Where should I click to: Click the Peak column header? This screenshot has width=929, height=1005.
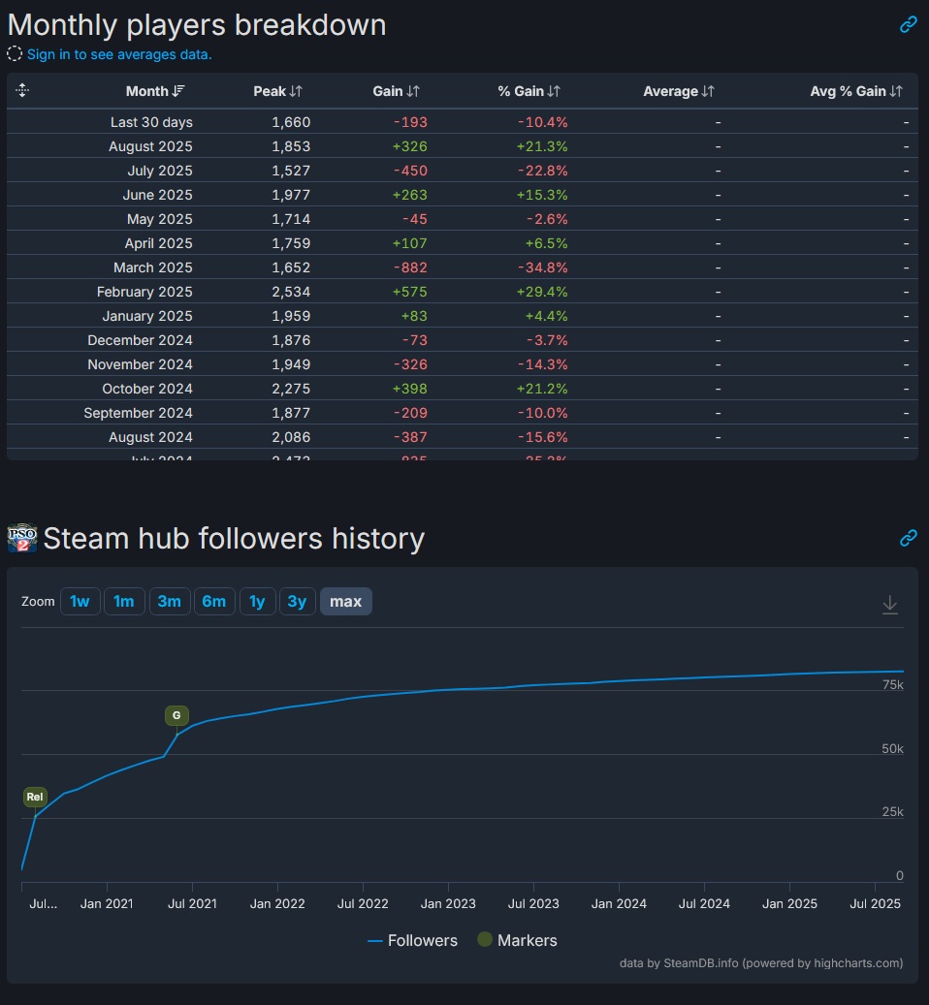pos(277,91)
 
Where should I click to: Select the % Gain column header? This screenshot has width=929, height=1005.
pos(529,91)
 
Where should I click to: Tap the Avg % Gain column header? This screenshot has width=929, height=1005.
pos(855,91)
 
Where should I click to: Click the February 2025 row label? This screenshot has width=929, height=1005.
pos(144,292)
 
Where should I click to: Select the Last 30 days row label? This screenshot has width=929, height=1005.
pos(151,122)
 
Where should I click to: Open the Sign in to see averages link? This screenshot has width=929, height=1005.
pos(119,54)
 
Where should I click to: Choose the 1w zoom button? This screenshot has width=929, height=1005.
pos(80,602)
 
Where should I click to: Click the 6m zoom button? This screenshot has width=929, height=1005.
pos(213,602)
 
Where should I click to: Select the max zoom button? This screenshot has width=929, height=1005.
pos(345,602)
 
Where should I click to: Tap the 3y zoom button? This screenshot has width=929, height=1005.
pos(297,602)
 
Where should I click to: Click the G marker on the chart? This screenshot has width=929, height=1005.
pos(176,716)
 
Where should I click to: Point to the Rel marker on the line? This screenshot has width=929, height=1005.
pos(35,798)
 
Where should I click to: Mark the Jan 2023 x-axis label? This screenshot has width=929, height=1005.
pos(448,904)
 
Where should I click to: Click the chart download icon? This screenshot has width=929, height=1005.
pos(889,605)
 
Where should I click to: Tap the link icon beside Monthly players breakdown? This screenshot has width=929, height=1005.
pos(908,25)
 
